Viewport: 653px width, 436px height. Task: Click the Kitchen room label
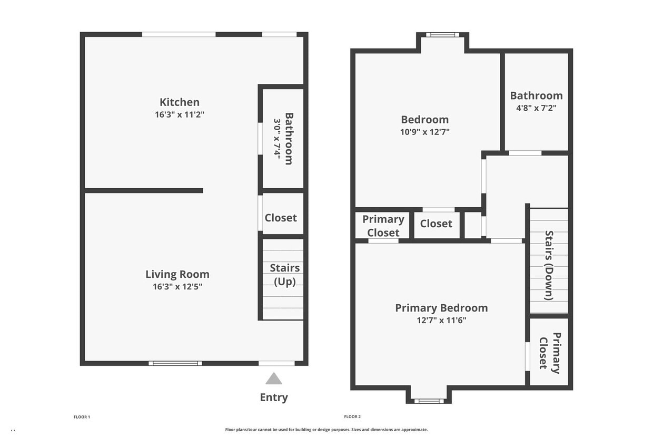[180, 102]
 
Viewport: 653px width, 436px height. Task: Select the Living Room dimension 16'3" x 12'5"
[177, 287]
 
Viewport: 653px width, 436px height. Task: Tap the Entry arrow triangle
[273, 379]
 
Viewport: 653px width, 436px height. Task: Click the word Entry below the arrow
[274, 398]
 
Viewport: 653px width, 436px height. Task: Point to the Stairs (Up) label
[284, 275]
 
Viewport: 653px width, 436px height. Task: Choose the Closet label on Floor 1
[281, 218]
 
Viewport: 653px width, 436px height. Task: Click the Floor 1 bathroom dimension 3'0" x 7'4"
[277, 139]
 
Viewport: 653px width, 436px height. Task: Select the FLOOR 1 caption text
[82, 417]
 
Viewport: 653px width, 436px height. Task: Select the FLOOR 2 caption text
[352, 417]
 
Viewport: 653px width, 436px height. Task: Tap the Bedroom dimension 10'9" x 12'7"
[425, 132]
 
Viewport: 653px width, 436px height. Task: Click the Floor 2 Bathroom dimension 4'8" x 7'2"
[536, 108]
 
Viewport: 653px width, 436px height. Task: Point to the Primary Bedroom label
[441, 308]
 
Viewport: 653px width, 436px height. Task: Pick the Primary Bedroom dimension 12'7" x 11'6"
[441, 320]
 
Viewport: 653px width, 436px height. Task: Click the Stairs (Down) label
[549, 265]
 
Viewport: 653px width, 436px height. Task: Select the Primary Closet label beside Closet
[383, 226]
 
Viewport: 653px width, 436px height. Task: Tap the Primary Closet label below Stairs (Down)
[550, 352]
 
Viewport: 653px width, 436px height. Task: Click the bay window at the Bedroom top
[442, 35]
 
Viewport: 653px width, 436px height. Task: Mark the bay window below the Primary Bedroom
[429, 401]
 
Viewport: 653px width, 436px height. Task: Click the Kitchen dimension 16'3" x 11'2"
[180, 114]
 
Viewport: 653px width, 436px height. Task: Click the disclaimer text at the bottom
[326, 430]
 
